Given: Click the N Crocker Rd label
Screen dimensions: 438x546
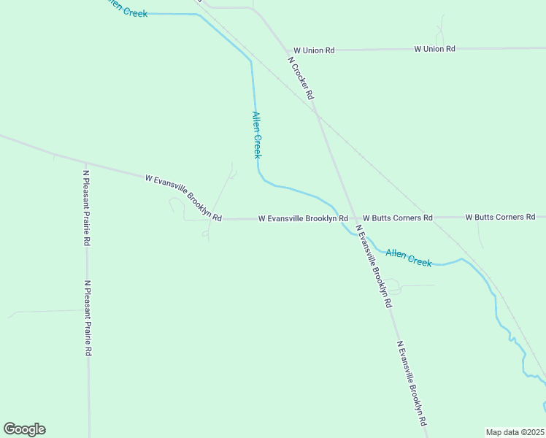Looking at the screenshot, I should pos(301,78).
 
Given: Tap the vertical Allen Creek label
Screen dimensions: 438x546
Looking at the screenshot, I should pos(257,134).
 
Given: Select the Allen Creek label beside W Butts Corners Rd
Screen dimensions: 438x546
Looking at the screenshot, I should pos(409,258).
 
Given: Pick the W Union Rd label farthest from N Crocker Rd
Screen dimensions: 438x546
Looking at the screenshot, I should pos(434,49).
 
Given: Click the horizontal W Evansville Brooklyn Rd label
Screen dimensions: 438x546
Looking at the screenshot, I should pos(303,218).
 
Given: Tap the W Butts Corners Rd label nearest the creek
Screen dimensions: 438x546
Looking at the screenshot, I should pos(398,218).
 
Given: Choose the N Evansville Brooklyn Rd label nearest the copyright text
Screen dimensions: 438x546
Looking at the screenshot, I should pos(412,383).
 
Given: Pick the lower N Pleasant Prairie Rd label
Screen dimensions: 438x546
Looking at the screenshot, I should pos(88,318).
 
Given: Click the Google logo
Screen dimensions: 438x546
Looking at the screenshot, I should pos(25,429).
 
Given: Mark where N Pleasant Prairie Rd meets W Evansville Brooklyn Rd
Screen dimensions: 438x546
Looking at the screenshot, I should pos(85,163).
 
